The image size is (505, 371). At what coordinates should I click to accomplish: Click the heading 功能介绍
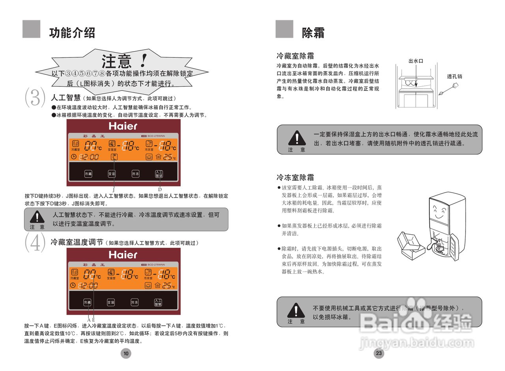[x=72, y=32]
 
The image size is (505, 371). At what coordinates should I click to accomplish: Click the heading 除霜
[x=313, y=33]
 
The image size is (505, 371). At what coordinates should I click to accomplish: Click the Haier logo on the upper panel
[x=123, y=126]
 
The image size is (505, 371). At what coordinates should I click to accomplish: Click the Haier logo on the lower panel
[x=123, y=255]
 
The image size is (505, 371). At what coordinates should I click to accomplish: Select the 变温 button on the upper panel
[x=112, y=174]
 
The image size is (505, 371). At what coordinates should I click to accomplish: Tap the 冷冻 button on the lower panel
[x=135, y=302]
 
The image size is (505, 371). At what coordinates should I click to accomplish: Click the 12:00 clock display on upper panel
[x=89, y=157]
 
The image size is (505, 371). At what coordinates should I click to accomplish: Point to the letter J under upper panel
[x=113, y=190]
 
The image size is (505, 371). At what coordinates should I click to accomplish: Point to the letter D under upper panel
[x=160, y=190]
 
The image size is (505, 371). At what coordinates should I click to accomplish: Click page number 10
[x=126, y=353]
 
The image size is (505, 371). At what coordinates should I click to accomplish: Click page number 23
[x=379, y=353]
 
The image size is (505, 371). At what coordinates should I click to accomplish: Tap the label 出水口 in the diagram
[x=415, y=61]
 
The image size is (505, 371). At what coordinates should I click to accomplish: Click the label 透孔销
[x=454, y=77]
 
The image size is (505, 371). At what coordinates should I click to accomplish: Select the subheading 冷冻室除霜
[x=295, y=177]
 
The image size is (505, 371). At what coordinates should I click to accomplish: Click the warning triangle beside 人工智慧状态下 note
[x=37, y=217]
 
